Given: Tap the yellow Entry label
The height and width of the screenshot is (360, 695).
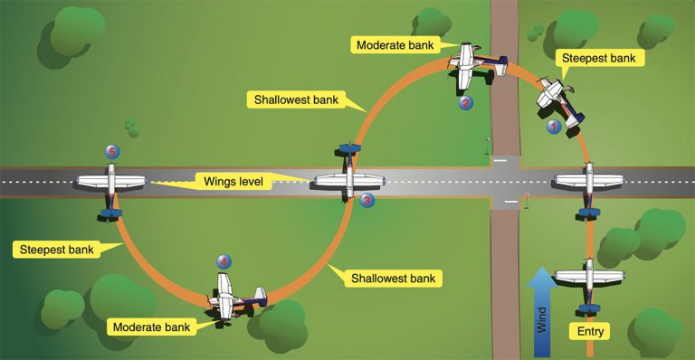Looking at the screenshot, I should pyautogui.click(x=591, y=331).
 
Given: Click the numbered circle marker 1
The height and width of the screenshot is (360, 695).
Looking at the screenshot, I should pyautogui.click(x=554, y=126).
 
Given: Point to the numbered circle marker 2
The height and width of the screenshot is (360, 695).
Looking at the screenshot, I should pyautogui.click(x=465, y=103).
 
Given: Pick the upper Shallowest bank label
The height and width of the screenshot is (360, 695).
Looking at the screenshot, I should pyautogui.click(x=291, y=98).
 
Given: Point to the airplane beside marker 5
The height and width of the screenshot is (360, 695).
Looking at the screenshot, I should pyautogui.click(x=110, y=185).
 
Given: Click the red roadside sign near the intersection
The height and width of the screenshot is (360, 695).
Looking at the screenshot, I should pyautogui.click(x=526, y=195).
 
